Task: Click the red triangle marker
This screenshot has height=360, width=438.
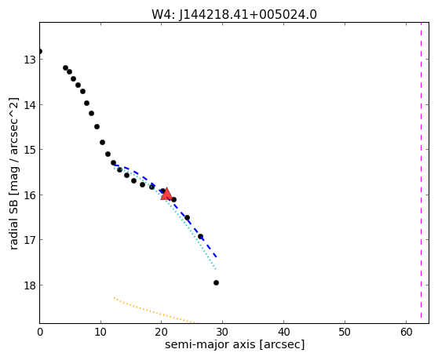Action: point(166,194)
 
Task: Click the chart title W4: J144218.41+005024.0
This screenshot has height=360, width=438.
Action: point(234,15)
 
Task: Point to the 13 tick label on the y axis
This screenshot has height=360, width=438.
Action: point(29,60)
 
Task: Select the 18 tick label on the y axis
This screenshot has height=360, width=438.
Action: point(29,285)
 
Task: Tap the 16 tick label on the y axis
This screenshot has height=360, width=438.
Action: point(29,195)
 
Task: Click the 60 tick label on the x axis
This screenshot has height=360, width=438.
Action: point(406,332)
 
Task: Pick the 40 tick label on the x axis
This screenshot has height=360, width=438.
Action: point(284,332)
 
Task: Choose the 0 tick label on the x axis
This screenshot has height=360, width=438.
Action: point(40,332)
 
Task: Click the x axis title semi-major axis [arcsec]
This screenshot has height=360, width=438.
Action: point(235,344)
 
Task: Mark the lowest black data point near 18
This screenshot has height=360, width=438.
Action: point(216,282)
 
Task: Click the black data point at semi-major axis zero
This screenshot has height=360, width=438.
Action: point(40,51)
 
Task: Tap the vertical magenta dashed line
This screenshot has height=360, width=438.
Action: point(421,170)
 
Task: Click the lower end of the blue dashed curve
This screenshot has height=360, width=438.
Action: point(216,256)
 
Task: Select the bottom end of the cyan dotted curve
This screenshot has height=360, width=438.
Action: point(216,269)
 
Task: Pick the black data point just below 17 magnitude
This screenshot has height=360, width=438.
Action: point(200,236)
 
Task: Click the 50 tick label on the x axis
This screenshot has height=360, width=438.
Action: point(345,332)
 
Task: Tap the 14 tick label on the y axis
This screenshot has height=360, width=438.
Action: point(29,104)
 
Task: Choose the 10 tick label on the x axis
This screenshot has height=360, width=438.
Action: point(100,332)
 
